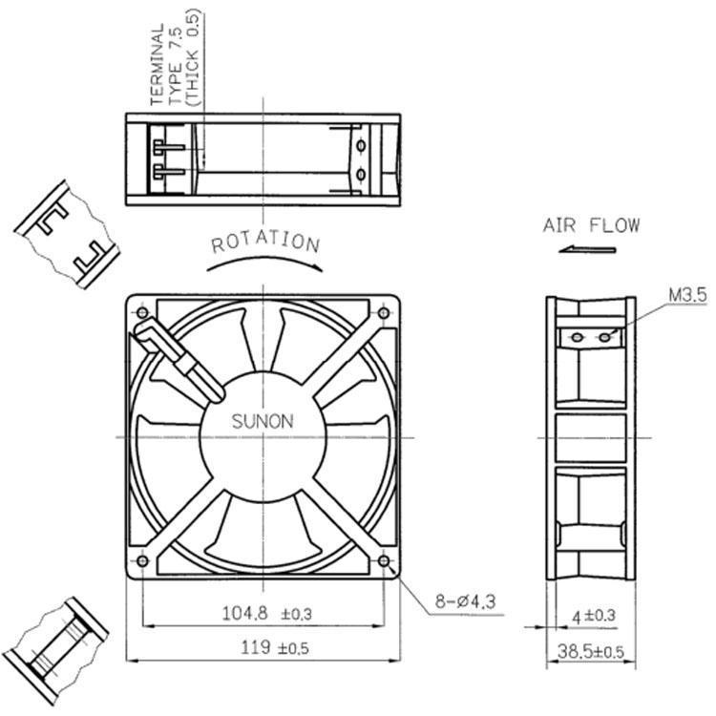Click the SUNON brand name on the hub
point(263,420)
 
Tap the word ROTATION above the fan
point(265,242)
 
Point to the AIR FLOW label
point(591,226)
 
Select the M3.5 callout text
point(686,297)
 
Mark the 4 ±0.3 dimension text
point(592,617)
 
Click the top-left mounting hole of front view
point(143,313)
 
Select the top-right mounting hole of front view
point(384,313)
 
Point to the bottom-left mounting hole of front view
point(143,561)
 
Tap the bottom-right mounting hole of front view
point(384,561)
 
